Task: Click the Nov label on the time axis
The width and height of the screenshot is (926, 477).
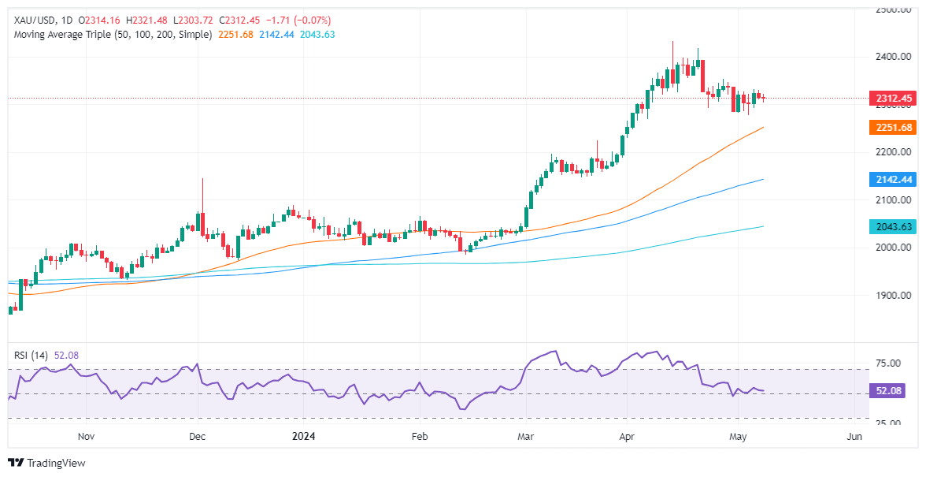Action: pyautogui.click(x=87, y=436)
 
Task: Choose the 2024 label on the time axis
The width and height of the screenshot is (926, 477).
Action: pyautogui.click(x=303, y=436)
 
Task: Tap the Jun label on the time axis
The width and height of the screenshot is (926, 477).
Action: pyautogui.click(x=854, y=436)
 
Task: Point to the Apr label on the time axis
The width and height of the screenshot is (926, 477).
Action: pyautogui.click(x=628, y=436)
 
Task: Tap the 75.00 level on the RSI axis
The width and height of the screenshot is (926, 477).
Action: pyautogui.click(x=888, y=363)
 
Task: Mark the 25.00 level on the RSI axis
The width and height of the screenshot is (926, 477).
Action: pyautogui.click(x=888, y=423)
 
